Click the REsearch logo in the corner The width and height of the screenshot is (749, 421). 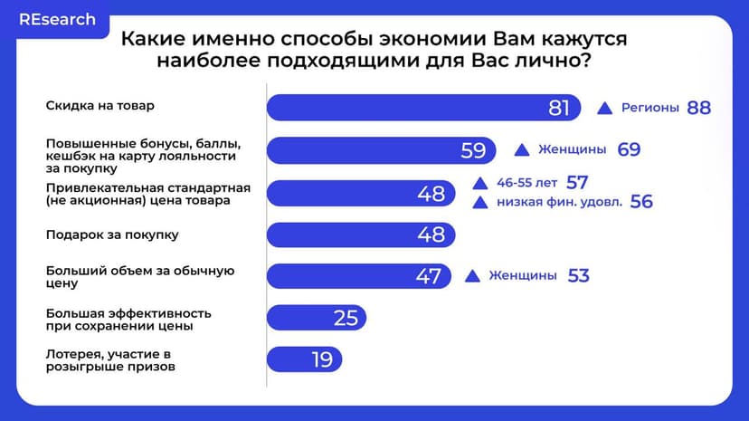pos(57,19)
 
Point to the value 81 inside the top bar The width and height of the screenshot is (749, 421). pos(559,108)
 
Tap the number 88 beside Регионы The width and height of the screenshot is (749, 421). pos(698,108)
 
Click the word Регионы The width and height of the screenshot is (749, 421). pos(650,108)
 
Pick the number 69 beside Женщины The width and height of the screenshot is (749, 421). pos(629,150)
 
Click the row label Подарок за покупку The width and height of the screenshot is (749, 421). pos(112,234)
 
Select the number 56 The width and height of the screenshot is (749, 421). pos(641,202)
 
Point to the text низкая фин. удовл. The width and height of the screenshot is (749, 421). pos(559,202)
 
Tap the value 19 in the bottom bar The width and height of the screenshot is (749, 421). pos(322,359)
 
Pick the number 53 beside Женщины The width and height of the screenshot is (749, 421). pos(578,276)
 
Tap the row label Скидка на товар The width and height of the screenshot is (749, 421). pos(100,105)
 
